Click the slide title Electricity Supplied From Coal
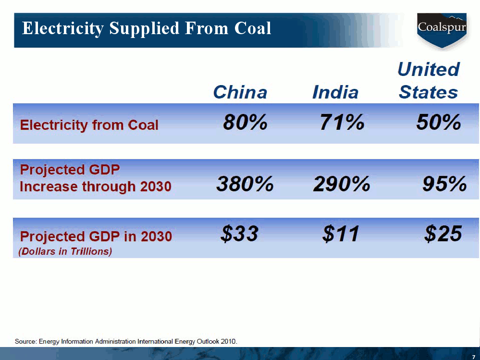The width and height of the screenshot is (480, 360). tap(147, 28)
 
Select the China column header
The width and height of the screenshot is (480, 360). tap(240, 92)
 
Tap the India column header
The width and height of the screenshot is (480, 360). tap(335, 92)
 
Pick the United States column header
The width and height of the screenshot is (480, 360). tap(428, 80)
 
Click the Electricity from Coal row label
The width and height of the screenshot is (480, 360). tap(89, 125)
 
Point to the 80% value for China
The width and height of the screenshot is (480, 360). tap(245, 123)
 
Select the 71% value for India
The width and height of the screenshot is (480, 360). tap(342, 123)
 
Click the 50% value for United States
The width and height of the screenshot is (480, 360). tap(439, 123)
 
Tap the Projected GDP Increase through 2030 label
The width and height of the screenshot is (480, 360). tap(95, 178)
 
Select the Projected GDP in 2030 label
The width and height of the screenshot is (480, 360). tap(96, 236)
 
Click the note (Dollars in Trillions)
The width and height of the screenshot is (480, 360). tap(65, 251)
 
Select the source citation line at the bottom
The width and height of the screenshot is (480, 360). tap(126, 342)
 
